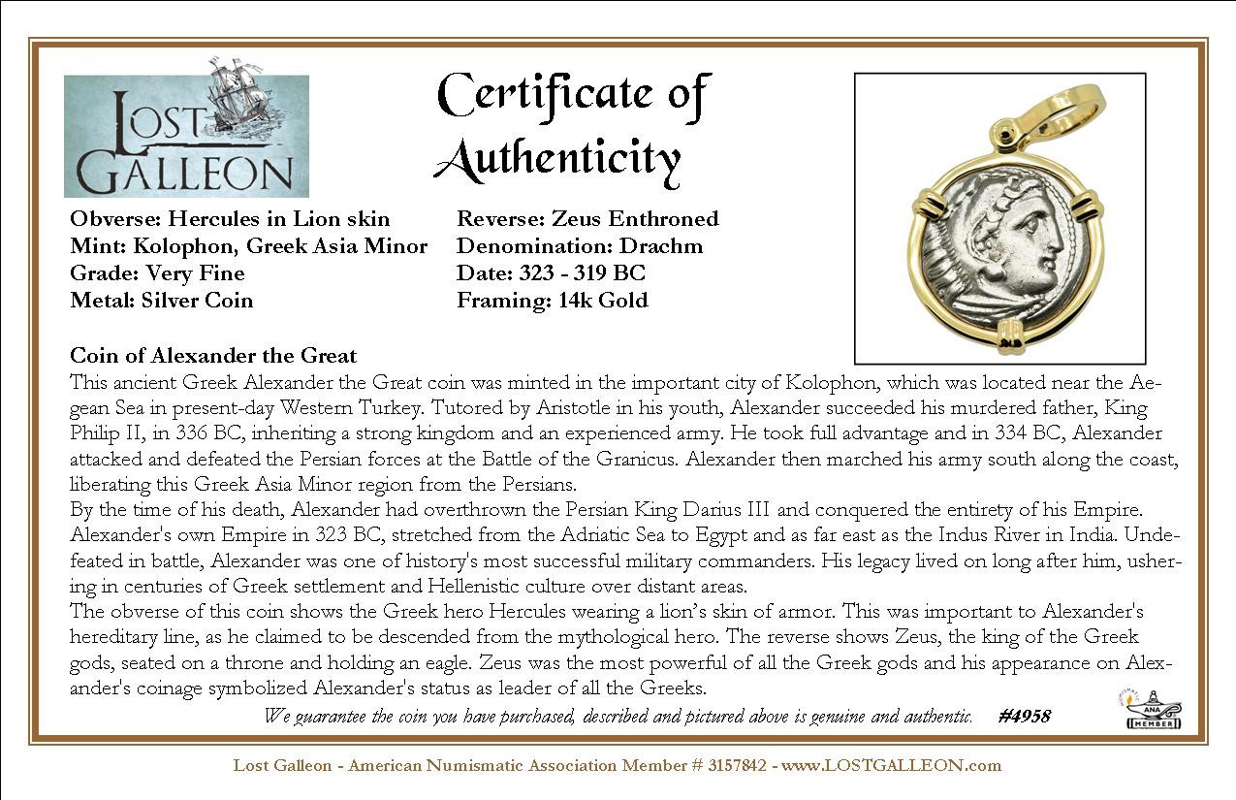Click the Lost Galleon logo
186,136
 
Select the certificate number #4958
1023,717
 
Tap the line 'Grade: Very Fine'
157,273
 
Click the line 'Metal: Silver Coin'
161,301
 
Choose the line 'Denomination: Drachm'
580,246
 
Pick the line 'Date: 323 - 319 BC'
551,273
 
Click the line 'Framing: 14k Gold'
552,301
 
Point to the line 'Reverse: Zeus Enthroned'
587,219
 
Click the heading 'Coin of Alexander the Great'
213,356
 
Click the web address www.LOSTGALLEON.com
891,766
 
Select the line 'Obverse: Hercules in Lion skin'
230,219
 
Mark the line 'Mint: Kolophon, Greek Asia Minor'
248,246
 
